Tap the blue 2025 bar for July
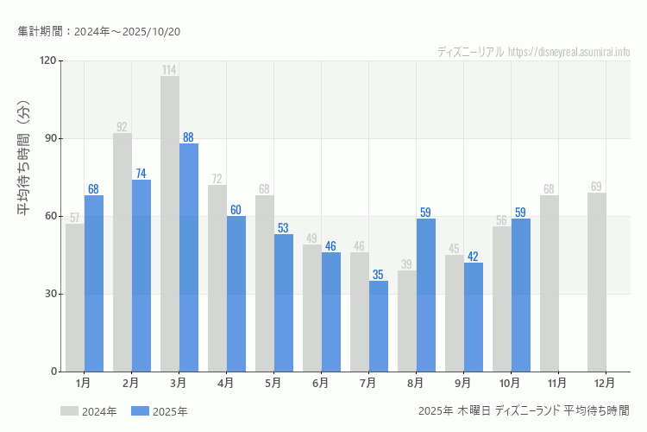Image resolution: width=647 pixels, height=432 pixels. pyautogui.click(x=379, y=326)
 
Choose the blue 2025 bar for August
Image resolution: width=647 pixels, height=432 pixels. pyautogui.click(x=426, y=295)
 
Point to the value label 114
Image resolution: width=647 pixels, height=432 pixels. pyautogui.click(x=169, y=70)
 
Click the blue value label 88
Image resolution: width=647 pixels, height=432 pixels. pyautogui.click(x=188, y=137)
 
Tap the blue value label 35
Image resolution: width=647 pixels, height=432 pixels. pyautogui.click(x=378, y=275)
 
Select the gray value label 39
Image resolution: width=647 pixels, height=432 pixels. pyautogui.click(x=406, y=264)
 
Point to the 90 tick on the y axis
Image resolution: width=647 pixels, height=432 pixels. pyautogui.click(x=47, y=138)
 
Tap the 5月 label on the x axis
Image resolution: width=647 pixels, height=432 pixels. pyautogui.click(x=273, y=382)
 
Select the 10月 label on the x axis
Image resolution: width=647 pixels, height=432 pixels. pyautogui.click(x=510, y=382)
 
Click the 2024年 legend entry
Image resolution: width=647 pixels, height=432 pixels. pyautogui.click(x=89, y=411)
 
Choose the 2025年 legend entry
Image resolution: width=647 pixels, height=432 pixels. pyautogui.click(x=159, y=411)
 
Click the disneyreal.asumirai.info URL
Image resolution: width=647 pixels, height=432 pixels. pyautogui.click(x=569, y=52)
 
